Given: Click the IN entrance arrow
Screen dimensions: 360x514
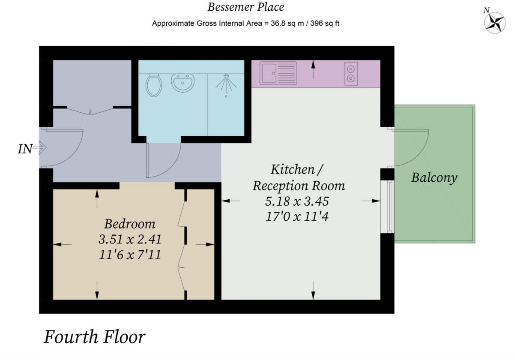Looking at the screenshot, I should click(x=38, y=149).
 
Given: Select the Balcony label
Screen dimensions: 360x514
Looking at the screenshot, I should click(x=434, y=177).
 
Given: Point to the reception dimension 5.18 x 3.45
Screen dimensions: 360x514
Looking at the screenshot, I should click(x=299, y=201).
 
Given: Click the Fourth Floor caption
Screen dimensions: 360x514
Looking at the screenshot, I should click(x=95, y=337).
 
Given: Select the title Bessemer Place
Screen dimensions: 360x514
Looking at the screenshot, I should click(x=245, y=7).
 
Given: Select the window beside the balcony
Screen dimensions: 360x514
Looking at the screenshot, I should click(x=389, y=207).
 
